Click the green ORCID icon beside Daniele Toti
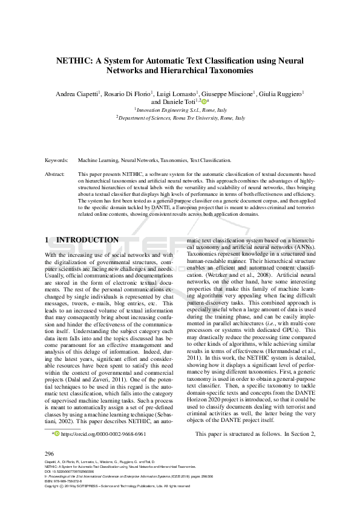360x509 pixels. (205, 102)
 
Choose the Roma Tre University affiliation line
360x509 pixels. (180, 118)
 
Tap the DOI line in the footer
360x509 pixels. (71, 472)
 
